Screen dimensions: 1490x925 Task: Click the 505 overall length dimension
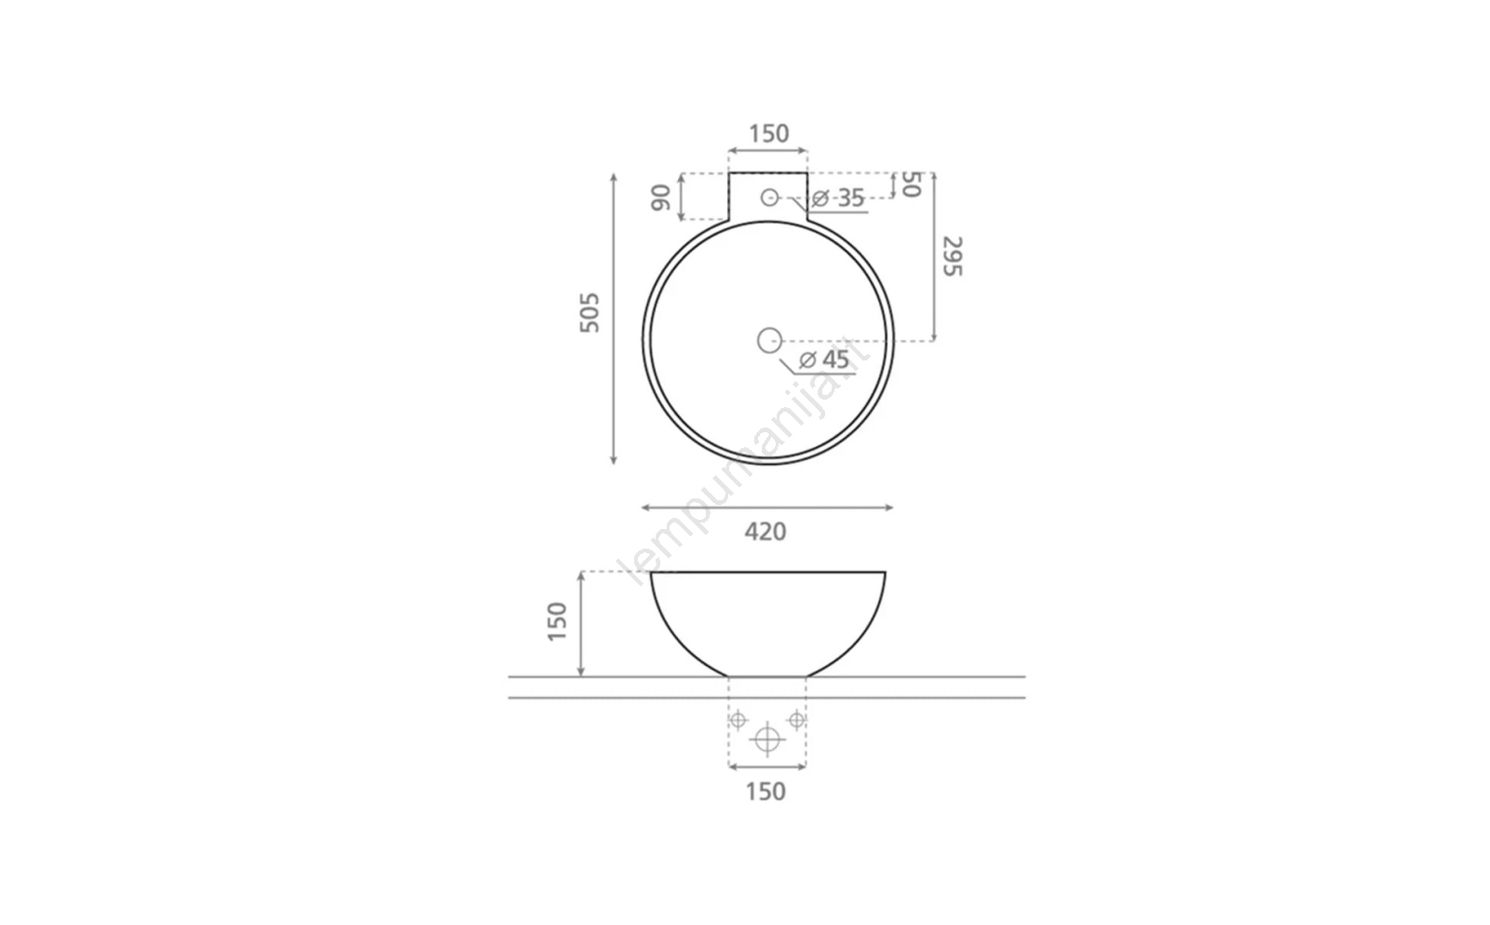(x=589, y=313)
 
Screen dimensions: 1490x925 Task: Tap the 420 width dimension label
(x=765, y=532)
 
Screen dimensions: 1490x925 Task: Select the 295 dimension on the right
(x=953, y=256)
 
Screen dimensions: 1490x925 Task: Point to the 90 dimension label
(x=661, y=197)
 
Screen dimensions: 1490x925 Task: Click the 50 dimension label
(x=911, y=184)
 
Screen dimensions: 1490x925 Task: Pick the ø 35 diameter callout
(x=838, y=197)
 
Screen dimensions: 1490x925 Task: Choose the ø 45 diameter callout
(x=824, y=360)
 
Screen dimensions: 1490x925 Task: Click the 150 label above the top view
(x=769, y=134)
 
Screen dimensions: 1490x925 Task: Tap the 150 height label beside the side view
(x=557, y=621)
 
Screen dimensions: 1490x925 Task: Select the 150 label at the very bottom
(x=765, y=792)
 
